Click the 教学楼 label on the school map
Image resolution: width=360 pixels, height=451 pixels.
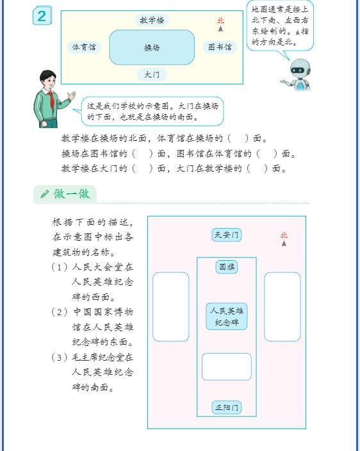(152, 20)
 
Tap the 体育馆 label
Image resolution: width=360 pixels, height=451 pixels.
(84, 47)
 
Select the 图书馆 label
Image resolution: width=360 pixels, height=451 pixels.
(220, 47)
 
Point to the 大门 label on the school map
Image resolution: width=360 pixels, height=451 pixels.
(152, 74)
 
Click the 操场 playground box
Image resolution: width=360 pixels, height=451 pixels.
(152, 47)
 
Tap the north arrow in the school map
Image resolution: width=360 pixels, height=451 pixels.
(220, 29)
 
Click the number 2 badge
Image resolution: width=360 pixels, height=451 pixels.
(42, 15)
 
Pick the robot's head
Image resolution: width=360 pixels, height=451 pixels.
(300, 69)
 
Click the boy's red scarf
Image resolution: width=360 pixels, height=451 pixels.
(52, 99)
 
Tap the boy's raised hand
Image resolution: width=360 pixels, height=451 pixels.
(72, 95)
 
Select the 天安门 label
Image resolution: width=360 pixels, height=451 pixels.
(227, 235)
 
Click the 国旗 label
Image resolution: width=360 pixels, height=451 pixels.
(227, 267)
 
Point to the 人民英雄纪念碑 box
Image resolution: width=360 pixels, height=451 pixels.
(227, 316)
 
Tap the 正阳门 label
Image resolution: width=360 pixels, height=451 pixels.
(227, 407)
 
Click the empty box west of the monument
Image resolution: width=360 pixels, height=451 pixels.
(171, 307)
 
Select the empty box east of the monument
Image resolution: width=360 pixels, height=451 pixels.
(282, 307)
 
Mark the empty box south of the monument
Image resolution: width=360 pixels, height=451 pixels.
(227, 366)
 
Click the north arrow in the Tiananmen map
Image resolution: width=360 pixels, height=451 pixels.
(284, 243)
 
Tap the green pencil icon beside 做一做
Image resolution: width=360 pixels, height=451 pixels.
(45, 194)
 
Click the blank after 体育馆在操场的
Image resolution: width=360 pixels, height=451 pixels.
(238, 138)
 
